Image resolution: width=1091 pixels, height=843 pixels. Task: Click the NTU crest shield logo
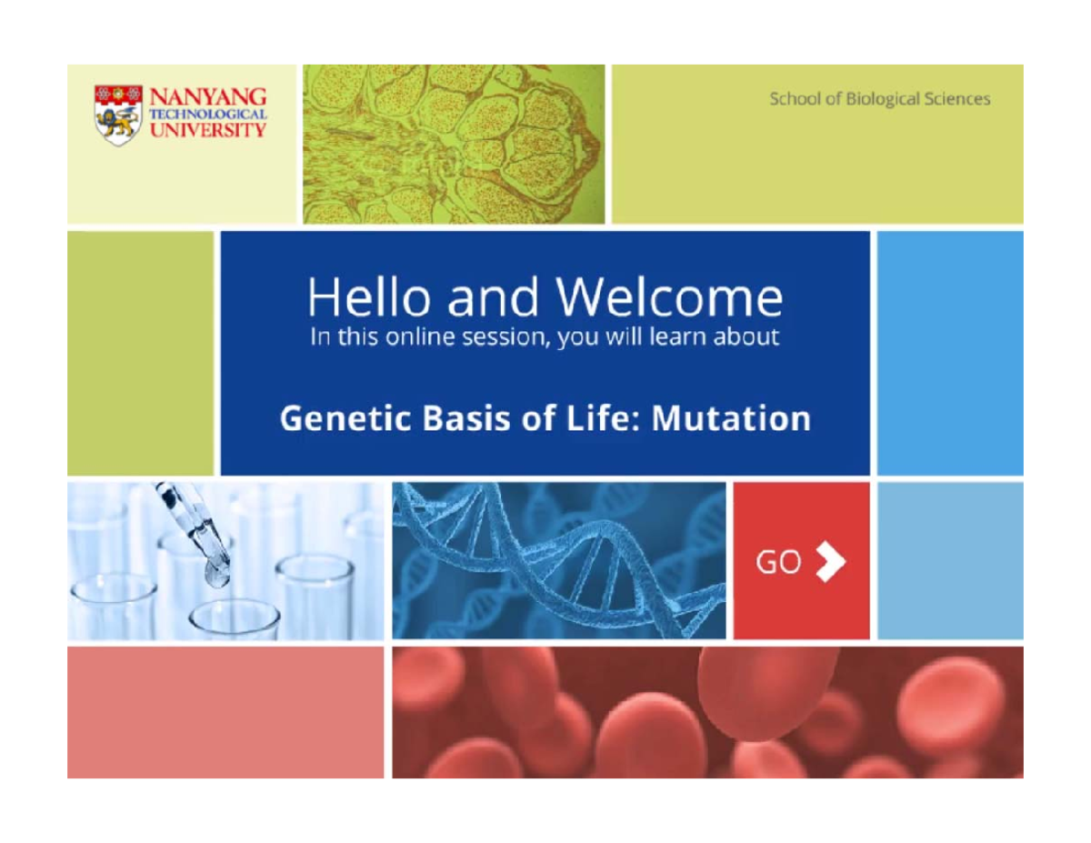tap(118, 115)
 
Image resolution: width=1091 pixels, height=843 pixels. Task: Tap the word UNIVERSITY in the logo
tap(207, 130)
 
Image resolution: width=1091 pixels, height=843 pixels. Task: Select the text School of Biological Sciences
tap(879, 99)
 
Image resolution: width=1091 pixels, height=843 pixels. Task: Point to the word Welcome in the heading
tap(668, 297)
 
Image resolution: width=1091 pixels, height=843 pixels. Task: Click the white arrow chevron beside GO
tap(830, 563)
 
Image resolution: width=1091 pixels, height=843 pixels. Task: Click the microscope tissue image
tap(453, 144)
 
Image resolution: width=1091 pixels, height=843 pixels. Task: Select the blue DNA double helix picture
tap(558, 560)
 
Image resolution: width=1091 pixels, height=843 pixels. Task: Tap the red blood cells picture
tap(706, 712)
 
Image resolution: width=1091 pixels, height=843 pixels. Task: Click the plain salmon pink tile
tap(225, 712)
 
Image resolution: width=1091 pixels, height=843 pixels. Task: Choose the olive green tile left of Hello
tap(140, 353)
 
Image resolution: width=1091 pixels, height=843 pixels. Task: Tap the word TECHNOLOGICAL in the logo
tap(207, 115)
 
